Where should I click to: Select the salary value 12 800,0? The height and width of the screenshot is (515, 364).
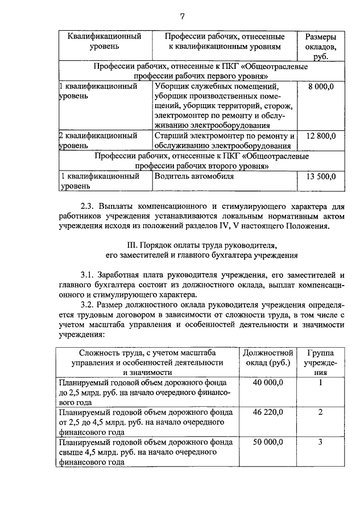click(322, 136)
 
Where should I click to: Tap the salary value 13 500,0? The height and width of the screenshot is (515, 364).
click(322, 176)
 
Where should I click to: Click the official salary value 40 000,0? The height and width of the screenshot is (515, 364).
click(268, 382)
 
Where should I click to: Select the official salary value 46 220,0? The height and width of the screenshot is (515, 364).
click(268, 411)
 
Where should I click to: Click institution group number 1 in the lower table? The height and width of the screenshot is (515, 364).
click(321, 382)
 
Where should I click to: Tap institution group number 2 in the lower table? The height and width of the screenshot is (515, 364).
click(321, 411)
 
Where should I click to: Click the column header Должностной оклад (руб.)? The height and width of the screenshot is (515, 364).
click(268, 358)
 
